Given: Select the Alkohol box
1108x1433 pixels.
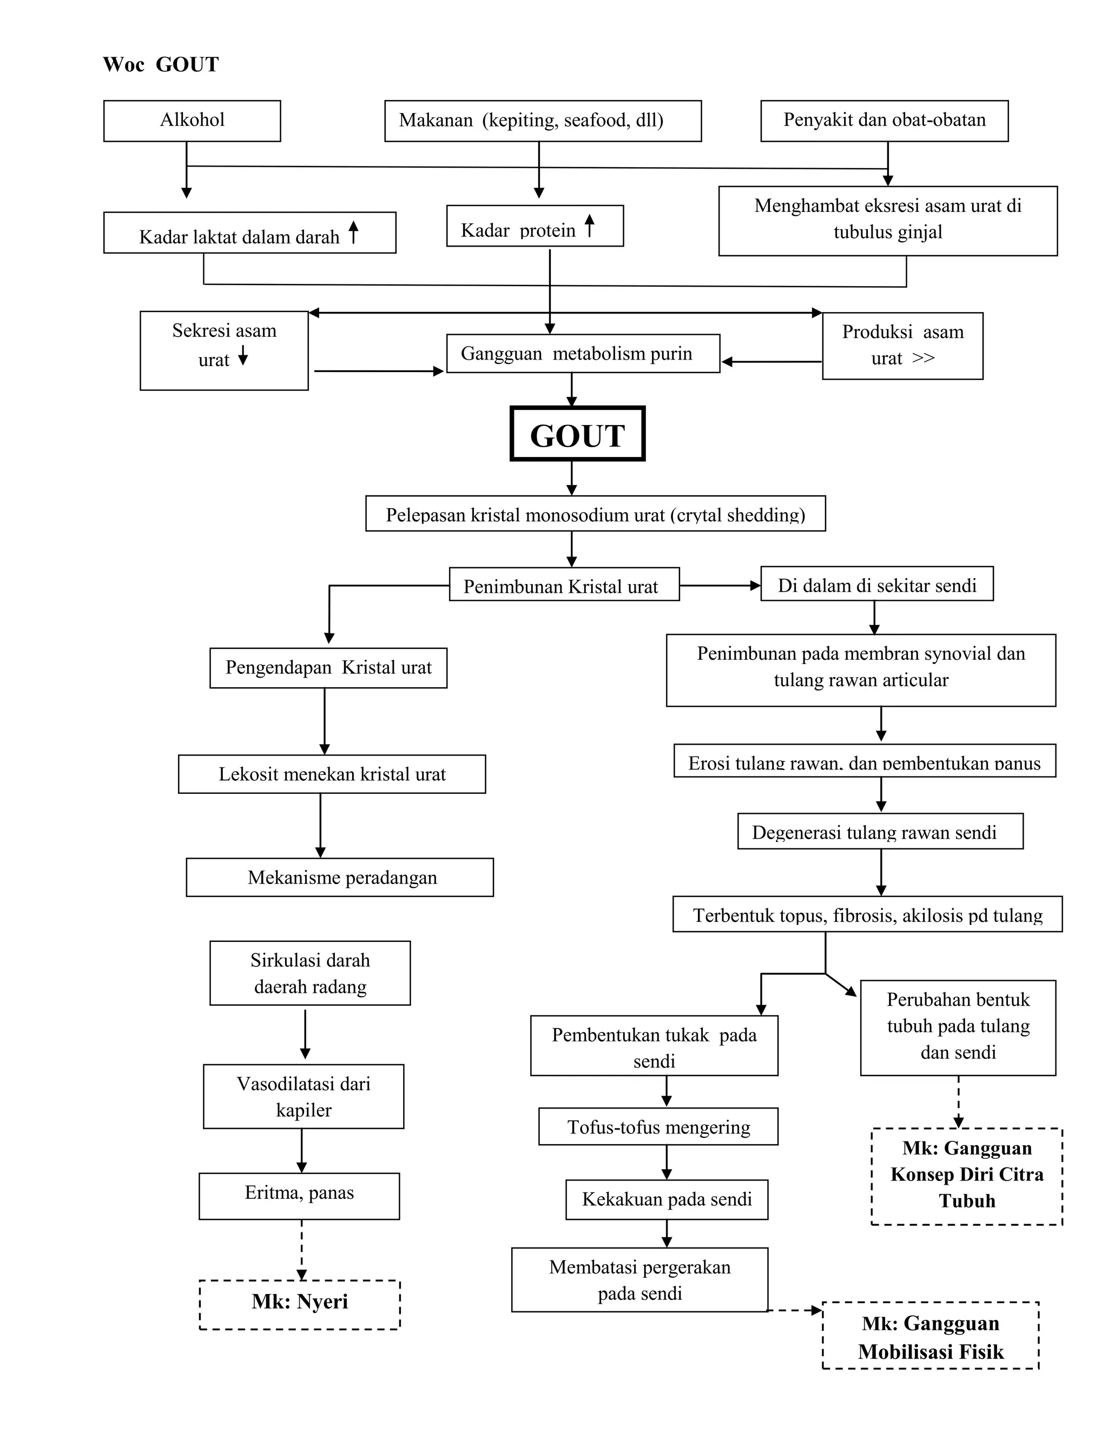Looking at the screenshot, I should click(x=192, y=121).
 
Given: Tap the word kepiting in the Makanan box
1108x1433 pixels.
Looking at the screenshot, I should click(x=522, y=121).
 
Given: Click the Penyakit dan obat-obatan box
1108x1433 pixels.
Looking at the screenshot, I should click(x=883, y=121).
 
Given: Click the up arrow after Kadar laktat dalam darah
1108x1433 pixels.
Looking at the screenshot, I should click(x=353, y=233).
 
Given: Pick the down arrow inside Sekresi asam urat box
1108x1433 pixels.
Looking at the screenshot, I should click(x=243, y=356).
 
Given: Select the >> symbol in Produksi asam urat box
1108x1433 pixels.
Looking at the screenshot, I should click(x=923, y=358).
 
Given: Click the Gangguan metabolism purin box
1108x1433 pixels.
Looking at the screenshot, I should click(x=582, y=354).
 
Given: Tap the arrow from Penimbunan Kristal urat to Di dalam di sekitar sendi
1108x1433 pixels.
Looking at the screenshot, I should click(x=720, y=585).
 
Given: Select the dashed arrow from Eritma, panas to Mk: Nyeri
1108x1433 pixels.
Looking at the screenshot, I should click(x=301, y=1249).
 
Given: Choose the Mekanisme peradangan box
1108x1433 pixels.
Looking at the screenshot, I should click(x=339, y=877).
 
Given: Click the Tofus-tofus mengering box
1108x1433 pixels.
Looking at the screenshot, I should click(x=658, y=1127).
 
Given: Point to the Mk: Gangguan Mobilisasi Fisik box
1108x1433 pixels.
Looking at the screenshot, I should click(x=930, y=1337).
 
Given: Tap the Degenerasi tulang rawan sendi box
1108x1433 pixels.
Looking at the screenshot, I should click(x=880, y=832).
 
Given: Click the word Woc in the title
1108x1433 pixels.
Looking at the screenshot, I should click(x=123, y=64).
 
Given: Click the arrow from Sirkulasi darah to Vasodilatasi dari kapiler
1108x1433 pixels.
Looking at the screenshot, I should click(x=305, y=1034).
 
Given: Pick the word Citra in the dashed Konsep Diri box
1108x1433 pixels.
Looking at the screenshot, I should click(x=1021, y=1175).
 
